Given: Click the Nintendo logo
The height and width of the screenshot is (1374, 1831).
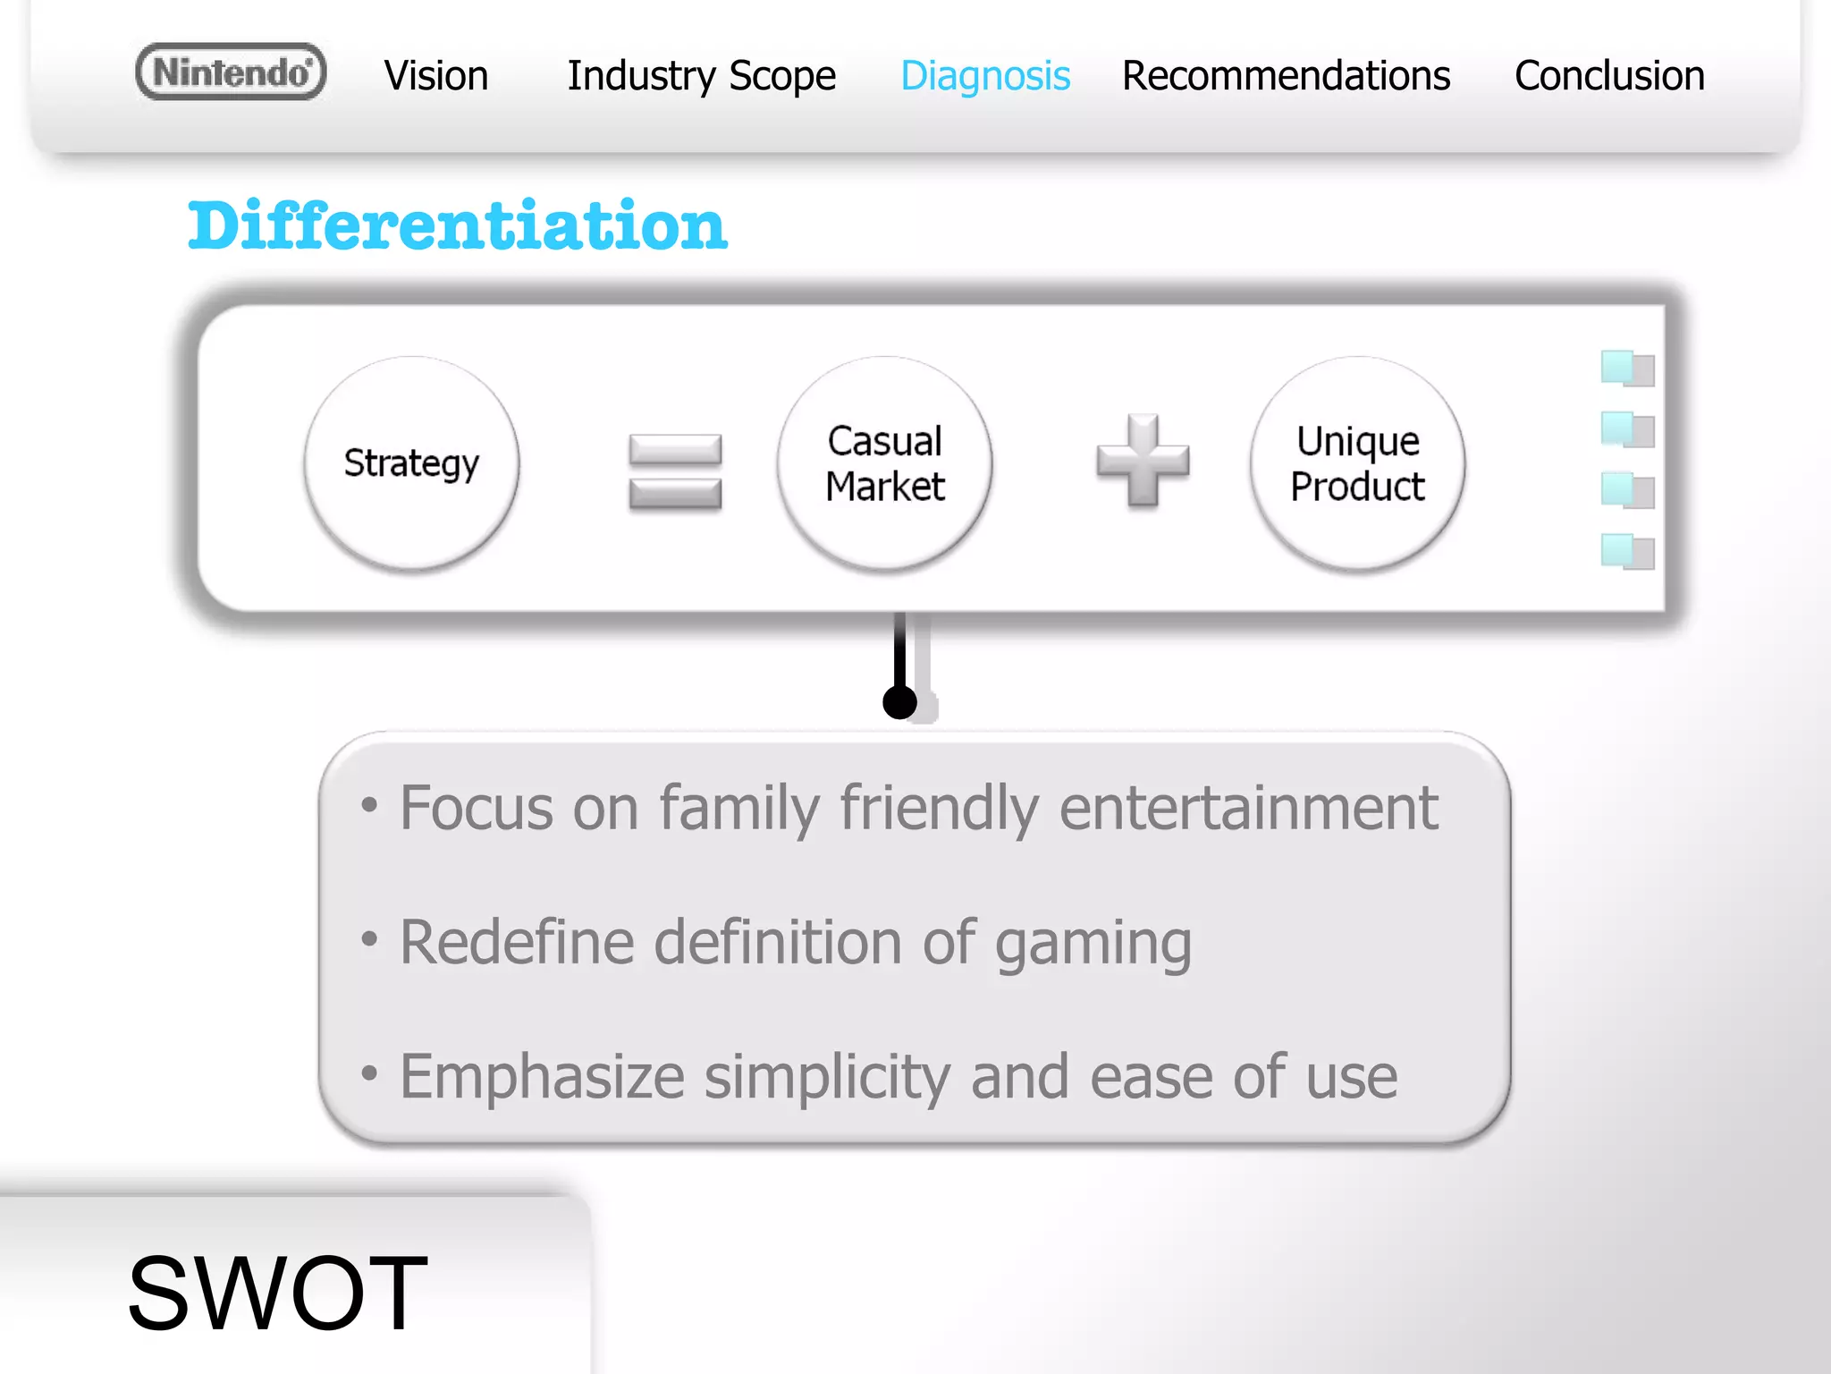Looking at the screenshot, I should point(231,72).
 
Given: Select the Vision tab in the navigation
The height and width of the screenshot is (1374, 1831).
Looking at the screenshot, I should point(435,76).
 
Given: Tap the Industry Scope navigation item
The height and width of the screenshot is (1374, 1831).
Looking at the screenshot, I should point(701,76).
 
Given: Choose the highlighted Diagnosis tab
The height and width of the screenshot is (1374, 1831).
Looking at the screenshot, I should point(984,76).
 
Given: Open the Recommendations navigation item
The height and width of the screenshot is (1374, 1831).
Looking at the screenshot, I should point(1286,76).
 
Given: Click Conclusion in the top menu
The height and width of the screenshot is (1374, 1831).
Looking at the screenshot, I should point(1609,76).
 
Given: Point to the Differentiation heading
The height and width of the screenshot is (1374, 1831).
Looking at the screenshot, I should point(457,225).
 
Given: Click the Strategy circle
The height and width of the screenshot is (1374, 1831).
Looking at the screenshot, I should point(411,462).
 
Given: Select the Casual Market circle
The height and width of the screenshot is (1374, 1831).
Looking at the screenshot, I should point(884,462).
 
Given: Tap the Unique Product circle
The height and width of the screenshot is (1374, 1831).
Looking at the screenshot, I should point(1357,462).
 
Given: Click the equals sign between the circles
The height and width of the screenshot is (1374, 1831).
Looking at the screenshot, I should point(675,471).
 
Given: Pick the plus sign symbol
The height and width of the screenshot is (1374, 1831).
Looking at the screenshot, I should point(1143,460).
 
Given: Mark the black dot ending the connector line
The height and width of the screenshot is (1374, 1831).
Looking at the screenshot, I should point(899,702).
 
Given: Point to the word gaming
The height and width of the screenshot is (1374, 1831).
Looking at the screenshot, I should point(1093,944).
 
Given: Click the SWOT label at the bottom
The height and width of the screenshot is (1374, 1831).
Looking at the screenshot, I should point(277,1293).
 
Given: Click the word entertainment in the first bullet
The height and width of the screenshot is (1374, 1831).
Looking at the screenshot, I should point(1248,808).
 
